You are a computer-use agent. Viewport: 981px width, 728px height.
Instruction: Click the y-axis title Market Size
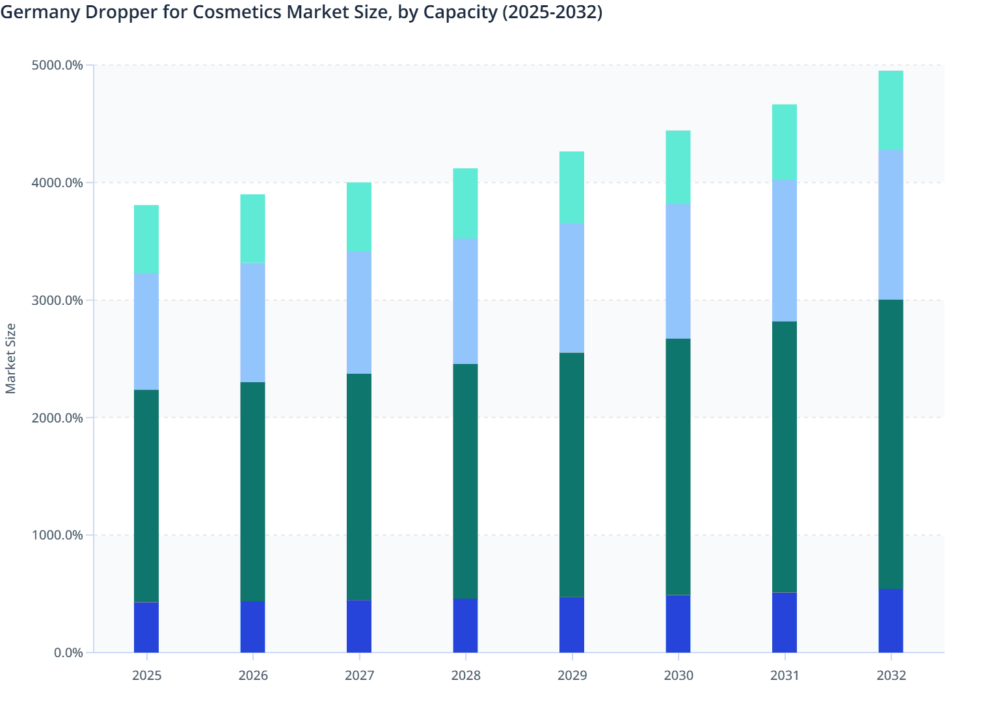pos(10,358)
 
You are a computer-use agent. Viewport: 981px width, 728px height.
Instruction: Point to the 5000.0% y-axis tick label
pos(57,65)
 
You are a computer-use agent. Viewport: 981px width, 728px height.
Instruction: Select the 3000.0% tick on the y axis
pos(57,300)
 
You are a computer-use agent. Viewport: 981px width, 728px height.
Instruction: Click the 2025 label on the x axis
pos(146,675)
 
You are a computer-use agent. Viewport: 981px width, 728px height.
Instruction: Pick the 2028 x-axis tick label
pos(466,675)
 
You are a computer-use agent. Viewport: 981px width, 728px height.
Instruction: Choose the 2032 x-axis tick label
pos(891,675)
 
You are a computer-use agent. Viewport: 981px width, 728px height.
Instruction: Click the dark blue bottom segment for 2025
pos(146,627)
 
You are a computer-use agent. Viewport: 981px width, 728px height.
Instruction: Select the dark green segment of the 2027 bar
pos(359,487)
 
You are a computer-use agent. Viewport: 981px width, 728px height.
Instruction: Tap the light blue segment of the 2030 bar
pos(678,271)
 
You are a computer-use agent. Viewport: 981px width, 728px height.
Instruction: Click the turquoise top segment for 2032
pos(891,110)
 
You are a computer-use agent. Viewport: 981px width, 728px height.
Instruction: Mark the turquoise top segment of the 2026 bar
pos(252,229)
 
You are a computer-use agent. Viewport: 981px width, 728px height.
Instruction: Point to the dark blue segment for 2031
pos(785,622)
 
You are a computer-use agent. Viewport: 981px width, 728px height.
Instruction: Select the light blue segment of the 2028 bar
pos(466,302)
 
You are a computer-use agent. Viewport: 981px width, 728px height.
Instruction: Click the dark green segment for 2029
pos(572,474)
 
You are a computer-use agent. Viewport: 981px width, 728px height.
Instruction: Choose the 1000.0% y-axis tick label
pos(57,535)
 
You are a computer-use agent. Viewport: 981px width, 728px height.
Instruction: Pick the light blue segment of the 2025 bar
pos(146,331)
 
